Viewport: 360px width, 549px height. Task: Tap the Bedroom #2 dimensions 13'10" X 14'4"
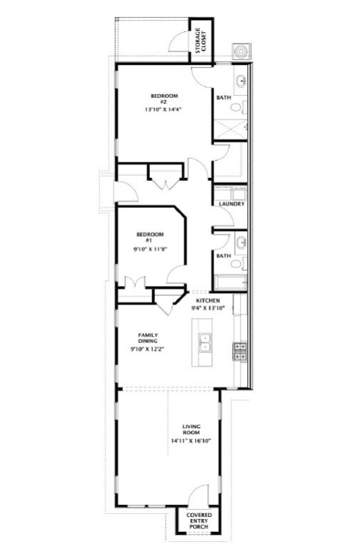[164, 110]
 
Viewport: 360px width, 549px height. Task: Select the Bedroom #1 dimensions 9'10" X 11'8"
[150, 249]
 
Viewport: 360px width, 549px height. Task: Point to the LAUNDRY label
[232, 204]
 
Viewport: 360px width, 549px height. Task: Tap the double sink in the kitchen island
[205, 344]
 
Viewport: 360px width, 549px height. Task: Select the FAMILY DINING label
[148, 338]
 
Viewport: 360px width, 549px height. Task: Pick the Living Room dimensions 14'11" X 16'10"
[191, 441]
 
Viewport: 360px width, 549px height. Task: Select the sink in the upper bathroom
[241, 79]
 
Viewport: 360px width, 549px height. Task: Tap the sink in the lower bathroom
[241, 242]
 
